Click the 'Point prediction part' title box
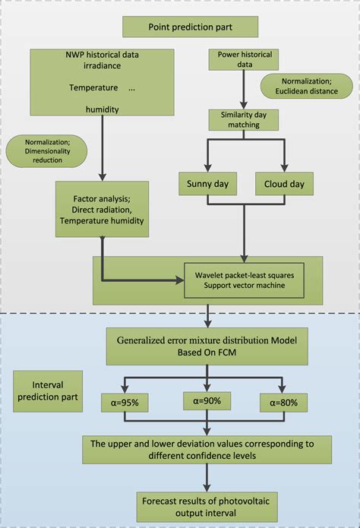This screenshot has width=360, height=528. (191, 27)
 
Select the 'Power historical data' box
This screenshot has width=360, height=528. (242, 60)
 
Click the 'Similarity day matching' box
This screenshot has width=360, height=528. (242, 119)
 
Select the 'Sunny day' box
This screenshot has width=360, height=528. (207, 184)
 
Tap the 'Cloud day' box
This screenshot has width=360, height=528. (284, 184)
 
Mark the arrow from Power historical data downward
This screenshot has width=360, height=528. (242, 90)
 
